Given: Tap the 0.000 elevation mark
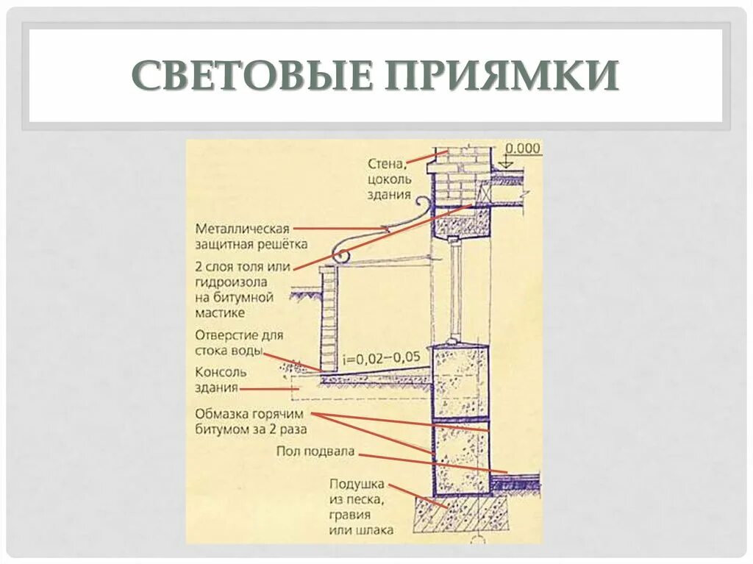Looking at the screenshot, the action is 523,149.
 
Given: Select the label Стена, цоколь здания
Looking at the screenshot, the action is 389,179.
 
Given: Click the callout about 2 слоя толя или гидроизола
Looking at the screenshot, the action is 243,289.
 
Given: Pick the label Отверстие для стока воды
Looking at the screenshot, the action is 239,343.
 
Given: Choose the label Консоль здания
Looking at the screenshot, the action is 221,379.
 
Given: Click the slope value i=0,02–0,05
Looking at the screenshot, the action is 382,358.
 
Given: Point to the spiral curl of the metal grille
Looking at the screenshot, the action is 341,255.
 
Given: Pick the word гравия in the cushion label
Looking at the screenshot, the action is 361,515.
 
